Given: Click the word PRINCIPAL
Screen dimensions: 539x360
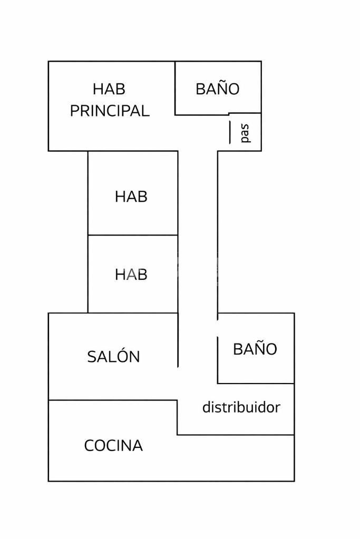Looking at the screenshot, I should [110, 111].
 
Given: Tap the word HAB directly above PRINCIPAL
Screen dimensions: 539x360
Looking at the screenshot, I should [109, 89].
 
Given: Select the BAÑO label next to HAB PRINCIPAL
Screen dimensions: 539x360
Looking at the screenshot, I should [217, 89].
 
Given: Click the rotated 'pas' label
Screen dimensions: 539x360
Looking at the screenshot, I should [245, 133].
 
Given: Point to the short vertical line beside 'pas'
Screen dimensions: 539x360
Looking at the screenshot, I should [230, 132].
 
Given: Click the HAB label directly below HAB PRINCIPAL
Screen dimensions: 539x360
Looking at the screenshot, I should [131, 197].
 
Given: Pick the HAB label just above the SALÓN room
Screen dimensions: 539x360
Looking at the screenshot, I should [131, 275].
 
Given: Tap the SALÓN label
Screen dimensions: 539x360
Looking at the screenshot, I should [113, 357].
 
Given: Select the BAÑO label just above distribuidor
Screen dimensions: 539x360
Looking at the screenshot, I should [255, 349].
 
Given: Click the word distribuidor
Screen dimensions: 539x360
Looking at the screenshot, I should [241, 407].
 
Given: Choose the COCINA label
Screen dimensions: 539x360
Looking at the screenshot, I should [113, 446].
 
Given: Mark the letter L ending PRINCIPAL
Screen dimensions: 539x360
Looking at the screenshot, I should [145, 111].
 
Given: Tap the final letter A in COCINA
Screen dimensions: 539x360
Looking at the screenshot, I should [138, 446].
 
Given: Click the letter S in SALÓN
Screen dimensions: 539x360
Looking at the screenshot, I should [92, 357].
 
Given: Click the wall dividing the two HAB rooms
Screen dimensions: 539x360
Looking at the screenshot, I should [132, 235].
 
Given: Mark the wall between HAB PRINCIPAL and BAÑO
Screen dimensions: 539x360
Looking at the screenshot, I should [175, 87].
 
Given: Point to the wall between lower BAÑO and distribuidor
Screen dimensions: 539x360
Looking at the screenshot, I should [256, 383].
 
